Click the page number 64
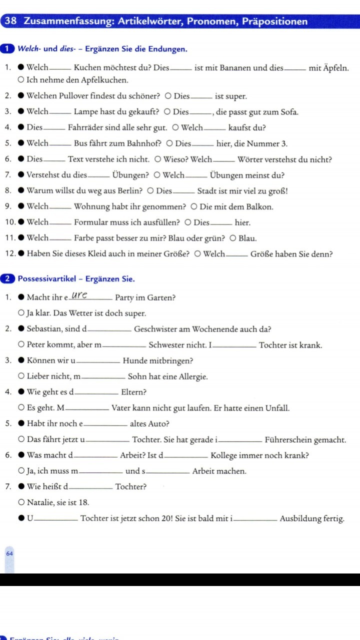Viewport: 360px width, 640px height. click(x=9, y=553)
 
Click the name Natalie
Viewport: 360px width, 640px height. click(x=41, y=502)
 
